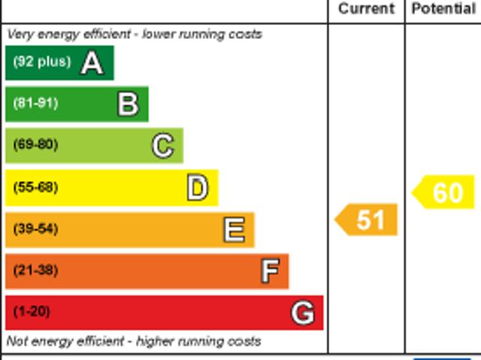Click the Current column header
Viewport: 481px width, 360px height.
pos(366,9)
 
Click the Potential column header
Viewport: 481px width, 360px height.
pos(443,9)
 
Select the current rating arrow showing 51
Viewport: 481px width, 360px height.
pos(366,219)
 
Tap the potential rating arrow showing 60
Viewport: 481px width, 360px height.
pos(444,192)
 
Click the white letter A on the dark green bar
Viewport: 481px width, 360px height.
pos(92,63)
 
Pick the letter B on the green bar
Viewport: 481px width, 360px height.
pos(128,104)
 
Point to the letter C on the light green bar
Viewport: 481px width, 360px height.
pos(162,146)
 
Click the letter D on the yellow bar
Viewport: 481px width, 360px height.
pos(197,188)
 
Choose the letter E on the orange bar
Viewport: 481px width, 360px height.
pos(234,229)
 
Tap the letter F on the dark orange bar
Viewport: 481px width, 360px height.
pos(269,271)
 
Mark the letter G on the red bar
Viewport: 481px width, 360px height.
pos(302,312)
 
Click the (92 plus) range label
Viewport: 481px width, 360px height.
pos(41,62)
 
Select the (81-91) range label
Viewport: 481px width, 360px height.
pos(35,103)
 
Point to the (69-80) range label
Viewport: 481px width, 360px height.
pos(35,144)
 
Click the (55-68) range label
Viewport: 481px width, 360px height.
pos(35,187)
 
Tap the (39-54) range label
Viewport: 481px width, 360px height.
pos(35,228)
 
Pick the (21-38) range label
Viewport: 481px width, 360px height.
pos(35,270)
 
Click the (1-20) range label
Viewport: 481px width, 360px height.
pos(32,311)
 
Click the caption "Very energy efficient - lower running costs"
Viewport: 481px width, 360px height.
pos(135,34)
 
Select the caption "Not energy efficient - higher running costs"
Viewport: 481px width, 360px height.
pos(134,341)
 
